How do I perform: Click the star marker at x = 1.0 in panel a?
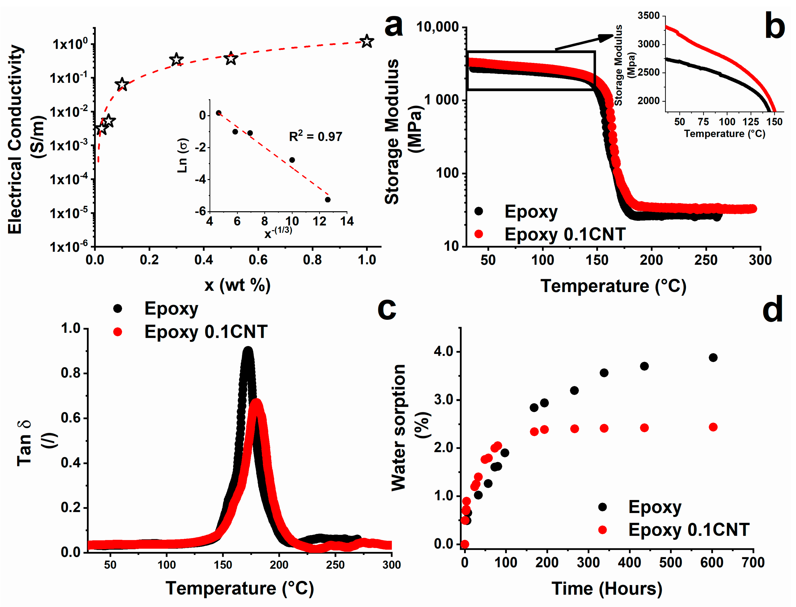[367, 41]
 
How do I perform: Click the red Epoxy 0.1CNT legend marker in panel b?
[479, 234]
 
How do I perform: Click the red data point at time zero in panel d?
[465, 544]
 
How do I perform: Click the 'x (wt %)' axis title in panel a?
[237, 286]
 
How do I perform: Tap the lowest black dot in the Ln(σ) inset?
[328, 199]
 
